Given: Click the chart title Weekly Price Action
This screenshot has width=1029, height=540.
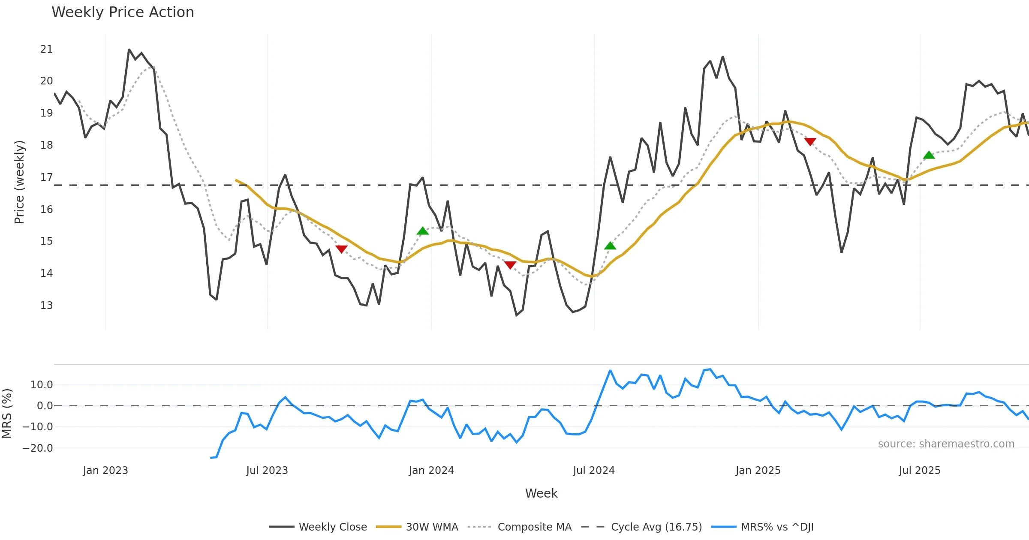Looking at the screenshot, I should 123,12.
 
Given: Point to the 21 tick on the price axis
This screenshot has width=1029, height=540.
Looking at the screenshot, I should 46,49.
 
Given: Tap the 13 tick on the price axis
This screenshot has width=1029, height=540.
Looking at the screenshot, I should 46,306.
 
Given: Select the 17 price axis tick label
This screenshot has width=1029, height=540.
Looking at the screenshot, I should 46,177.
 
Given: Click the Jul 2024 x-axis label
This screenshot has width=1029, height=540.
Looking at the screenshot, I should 594,471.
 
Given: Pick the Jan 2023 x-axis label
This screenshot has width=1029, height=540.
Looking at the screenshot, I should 105,471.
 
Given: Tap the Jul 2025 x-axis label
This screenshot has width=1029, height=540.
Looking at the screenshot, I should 920,471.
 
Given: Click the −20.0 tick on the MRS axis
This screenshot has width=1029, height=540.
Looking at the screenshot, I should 38,448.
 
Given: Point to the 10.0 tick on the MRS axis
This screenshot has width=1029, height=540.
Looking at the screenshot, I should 42,385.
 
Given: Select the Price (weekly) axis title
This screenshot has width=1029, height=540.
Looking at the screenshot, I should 20,182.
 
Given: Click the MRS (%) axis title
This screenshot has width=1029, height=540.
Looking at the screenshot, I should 7,414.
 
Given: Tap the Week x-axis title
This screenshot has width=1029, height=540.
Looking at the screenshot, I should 541,494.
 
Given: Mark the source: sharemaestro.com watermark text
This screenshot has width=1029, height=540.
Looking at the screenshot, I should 946,444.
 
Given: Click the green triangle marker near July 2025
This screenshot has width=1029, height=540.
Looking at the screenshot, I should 929,155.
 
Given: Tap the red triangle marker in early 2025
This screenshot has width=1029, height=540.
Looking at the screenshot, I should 810,142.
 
